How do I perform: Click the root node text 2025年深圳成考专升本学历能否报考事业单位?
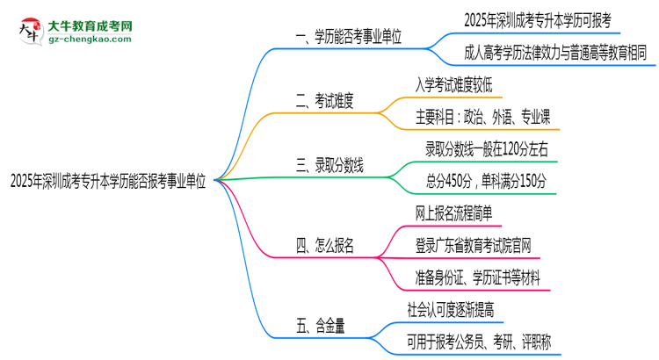pyautogui.click(x=108, y=180)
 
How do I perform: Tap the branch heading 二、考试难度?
pyautogui.click(x=324, y=101)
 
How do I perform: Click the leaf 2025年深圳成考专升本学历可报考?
pyautogui.click(x=540, y=19)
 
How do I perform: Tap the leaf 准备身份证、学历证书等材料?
pyautogui.click(x=483, y=278)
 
